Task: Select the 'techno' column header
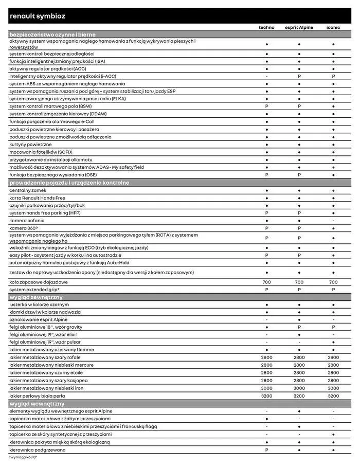coord(266,27)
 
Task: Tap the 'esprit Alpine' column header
coord(299,27)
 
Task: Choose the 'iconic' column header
coord(333,27)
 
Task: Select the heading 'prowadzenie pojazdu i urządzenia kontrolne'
coord(69,183)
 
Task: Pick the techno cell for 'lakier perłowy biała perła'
coord(266,396)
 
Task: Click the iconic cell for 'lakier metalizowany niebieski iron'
coord(333,388)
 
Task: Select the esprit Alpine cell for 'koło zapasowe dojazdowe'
coord(299,282)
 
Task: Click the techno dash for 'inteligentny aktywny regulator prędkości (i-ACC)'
coord(266,76)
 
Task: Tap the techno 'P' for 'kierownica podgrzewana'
coord(266,449)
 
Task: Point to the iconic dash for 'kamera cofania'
coord(333,220)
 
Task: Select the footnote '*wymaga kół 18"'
coord(23,457)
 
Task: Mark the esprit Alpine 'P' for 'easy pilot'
coord(299,255)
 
